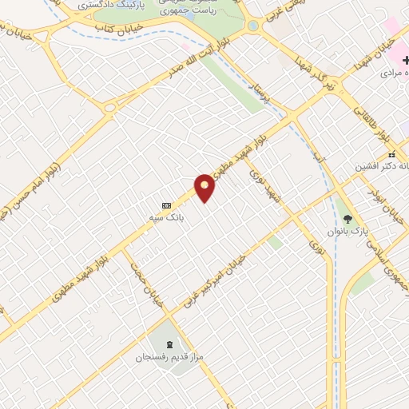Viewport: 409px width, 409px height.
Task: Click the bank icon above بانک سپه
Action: point(166,204)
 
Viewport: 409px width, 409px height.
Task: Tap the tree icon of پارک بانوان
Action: point(347,218)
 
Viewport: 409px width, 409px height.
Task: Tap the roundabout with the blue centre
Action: point(253,26)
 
